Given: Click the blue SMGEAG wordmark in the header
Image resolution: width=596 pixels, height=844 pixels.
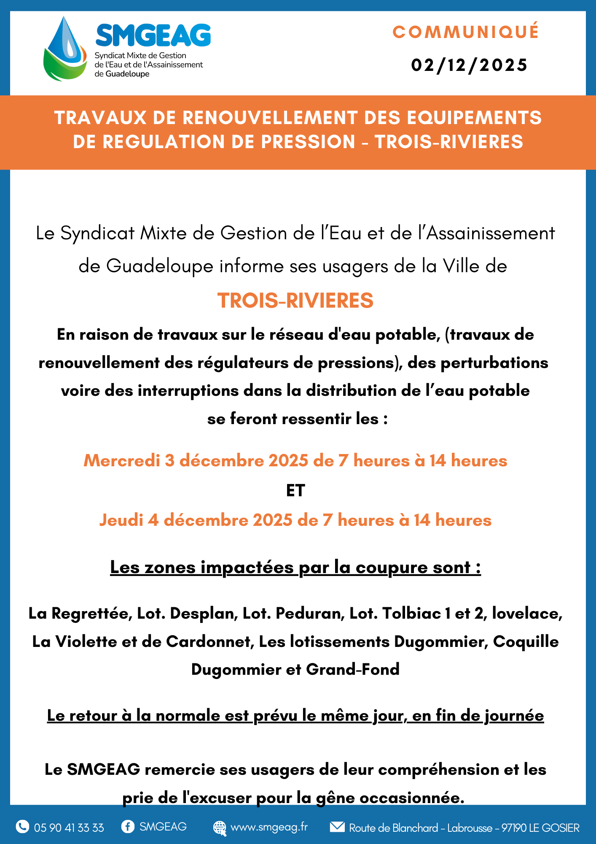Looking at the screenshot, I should coord(153,35).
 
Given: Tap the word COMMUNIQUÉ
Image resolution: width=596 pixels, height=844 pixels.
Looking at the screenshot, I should coord(466,32).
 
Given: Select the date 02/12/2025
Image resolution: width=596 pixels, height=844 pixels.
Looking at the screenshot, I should coord(469,65).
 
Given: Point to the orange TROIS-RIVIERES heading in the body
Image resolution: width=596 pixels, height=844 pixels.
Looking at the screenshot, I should coord(295,300).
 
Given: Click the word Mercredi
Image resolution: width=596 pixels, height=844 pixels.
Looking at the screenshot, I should coord(122,460).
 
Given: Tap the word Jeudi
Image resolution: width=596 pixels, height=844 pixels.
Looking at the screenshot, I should coord(121,520).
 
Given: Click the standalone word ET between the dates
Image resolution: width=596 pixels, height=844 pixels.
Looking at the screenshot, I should coord(295,490).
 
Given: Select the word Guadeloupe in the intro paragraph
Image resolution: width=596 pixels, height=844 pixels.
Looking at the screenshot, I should coord(160,266).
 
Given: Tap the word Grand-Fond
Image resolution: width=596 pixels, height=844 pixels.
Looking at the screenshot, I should coord(353,669).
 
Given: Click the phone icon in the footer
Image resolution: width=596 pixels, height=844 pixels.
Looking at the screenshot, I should coord(22,826).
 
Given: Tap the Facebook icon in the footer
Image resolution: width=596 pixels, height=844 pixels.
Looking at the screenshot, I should coord(127,826).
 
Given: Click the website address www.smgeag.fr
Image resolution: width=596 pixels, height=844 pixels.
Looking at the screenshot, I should coord(269,827).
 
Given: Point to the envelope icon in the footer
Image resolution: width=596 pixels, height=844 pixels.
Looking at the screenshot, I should coord(337,826).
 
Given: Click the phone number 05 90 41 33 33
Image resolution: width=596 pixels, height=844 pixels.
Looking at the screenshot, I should coord(69,828).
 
